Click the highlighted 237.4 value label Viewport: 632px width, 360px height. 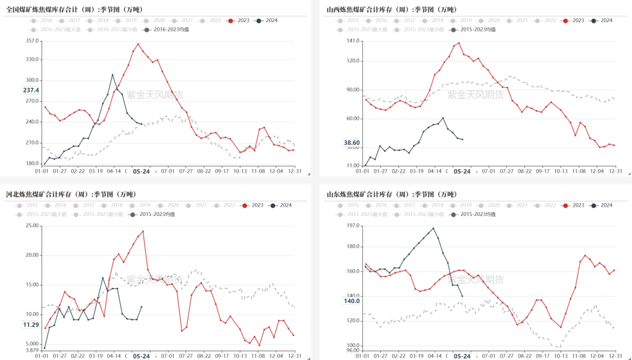pos(31,90)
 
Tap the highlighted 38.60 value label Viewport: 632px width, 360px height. pos(352,142)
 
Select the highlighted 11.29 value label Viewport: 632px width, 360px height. pos(31,324)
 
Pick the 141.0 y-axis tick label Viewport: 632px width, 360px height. pos(352,41)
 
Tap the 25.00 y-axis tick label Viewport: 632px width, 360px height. pos(31,226)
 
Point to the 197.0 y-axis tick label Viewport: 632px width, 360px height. pos(352,226)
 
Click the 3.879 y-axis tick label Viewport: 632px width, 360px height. pos(31,350)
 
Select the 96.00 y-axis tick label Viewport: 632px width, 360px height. pos(352,350)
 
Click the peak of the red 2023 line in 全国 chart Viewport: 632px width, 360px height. pos(138,44)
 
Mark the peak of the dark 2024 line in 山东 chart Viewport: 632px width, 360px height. pos(433,228)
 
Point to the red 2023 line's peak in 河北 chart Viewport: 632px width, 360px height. pos(143,231)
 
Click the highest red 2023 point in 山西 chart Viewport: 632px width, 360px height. pos(459,42)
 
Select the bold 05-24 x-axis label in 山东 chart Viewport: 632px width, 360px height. pos(462,356)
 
